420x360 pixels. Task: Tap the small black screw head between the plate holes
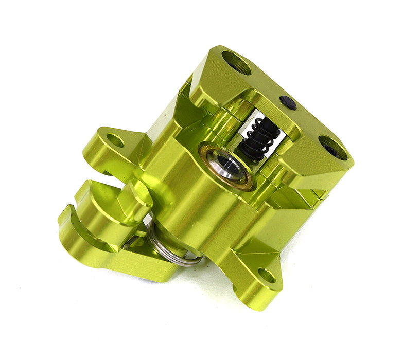point(289,103)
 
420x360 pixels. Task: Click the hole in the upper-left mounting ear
point(115,140)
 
